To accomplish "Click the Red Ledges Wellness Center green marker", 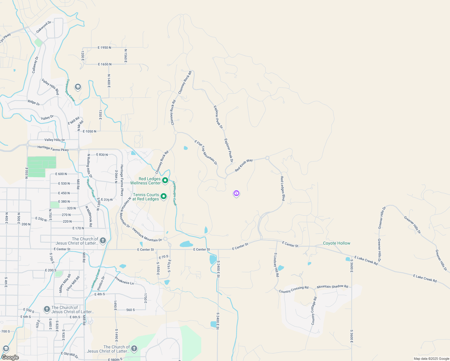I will (x=165, y=180).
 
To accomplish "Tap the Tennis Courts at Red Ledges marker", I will (x=163, y=196).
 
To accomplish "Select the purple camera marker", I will (x=236, y=193).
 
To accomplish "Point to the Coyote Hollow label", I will (x=337, y=243).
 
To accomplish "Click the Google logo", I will (x=10, y=357).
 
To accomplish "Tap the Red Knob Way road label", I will (x=244, y=165).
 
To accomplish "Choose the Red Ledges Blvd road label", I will (x=282, y=189).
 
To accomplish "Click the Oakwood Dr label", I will (x=44, y=27).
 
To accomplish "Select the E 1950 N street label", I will (x=104, y=48).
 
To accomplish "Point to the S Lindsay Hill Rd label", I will (x=276, y=265).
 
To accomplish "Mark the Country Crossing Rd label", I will (x=294, y=289).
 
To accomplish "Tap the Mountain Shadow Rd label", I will (x=332, y=286).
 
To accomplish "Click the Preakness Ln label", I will (x=124, y=281).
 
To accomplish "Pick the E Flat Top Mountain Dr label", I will (x=206, y=153).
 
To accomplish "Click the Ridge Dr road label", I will (x=34, y=103).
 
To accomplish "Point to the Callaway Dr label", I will (x=35, y=65).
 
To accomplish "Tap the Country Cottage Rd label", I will (x=314, y=311).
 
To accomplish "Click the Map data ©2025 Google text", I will (x=431, y=359).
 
